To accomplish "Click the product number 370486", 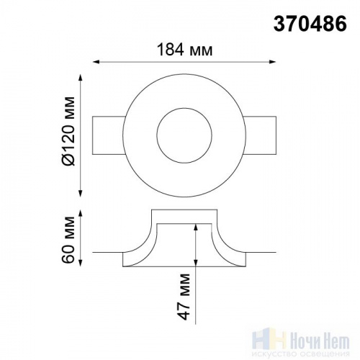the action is tap(310, 24).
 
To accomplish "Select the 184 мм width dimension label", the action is tap(184, 50).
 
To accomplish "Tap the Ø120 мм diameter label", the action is tap(68, 131).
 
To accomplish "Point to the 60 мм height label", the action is tap(68, 240).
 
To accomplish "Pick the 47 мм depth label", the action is tap(184, 297).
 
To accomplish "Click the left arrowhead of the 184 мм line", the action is tap(96, 62).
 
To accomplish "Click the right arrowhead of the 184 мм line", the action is tap(272, 62).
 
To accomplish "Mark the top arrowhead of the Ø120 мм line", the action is tap(81, 78).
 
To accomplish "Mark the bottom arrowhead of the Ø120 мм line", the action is tap(81, 194).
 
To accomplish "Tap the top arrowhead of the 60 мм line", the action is tap(81, 214).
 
